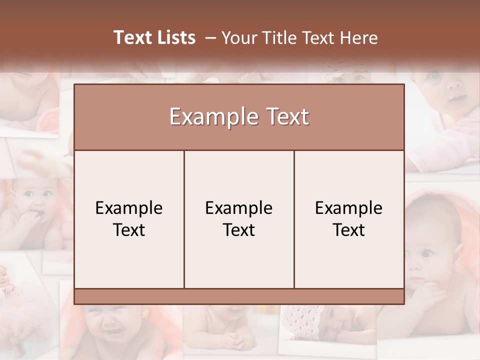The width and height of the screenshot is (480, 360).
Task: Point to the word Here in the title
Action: coord(358,38)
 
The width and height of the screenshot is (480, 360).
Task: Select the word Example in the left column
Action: coord(129,208)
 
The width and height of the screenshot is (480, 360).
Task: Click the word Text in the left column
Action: coord(129,230)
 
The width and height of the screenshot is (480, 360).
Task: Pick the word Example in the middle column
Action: coord(239,208)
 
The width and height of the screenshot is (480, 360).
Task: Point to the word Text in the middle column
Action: coord(239,230)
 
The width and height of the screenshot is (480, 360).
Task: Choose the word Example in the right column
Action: coord(348,208)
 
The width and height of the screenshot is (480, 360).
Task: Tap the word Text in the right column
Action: coord(348,230)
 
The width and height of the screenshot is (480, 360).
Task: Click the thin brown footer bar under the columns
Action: coord(239,296)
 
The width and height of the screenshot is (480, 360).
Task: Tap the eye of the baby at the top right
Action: coord(434,75)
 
